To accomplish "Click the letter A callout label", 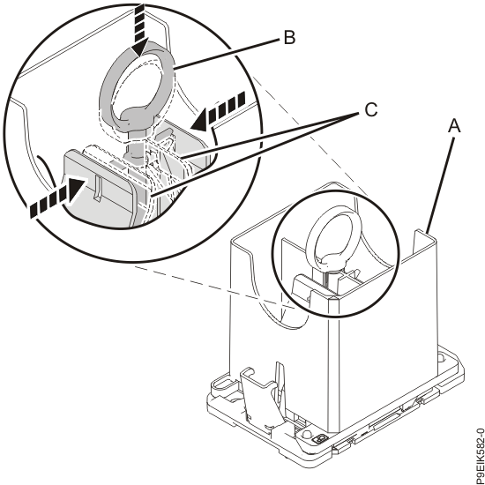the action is click(x=454, y=126).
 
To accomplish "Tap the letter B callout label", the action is click(x=289, y=38).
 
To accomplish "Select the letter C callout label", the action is click(x=371, y=109).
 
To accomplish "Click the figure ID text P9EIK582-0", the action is click(x=480, y=456).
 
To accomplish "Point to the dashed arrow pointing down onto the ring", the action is click(x=141, y=29).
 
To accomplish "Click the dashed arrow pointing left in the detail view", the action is click(x=218, y=112).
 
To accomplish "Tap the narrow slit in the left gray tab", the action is click(x=97, y=188).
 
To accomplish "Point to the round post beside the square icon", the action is click(x=306, y=434).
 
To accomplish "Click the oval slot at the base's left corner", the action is click(x=223, y=384).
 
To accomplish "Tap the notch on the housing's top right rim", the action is click(x=420, y=239).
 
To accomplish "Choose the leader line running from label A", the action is click(x=440, y=185).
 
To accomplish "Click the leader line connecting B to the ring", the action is click(x=227, y=53).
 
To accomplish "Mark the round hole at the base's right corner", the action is click(x=442, y=359).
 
